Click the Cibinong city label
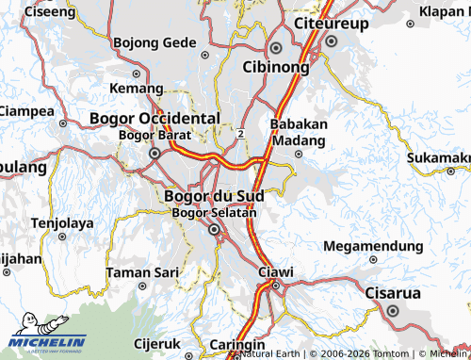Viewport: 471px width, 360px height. tap(277, 68)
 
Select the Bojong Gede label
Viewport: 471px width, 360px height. tap(154, 42)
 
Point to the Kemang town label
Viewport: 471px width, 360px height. tap(130, 88)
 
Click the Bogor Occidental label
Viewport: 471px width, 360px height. tap(154, 118)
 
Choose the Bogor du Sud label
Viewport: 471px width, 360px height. tap(214, 196)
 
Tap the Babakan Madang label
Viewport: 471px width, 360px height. tap(299, 132)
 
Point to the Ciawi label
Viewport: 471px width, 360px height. tap(276, 272)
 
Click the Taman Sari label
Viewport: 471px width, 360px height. tap(142, 271)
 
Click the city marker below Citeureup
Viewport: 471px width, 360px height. tap(331, 41)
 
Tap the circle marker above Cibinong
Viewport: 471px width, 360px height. tap(276, 48)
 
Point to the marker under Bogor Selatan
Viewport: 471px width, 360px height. tap(214, 229)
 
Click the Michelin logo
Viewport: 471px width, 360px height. tap(47, 343)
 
